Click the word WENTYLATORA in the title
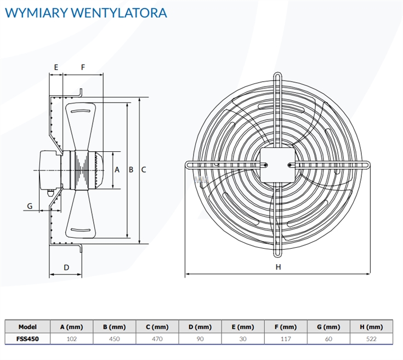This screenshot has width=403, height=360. coord(119,13)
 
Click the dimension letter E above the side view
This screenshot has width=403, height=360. coord(56,67)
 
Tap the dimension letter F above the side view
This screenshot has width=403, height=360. coord(83,67)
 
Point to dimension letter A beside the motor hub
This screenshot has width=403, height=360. coord(117,170)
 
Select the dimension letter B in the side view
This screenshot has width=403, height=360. coord(131,170)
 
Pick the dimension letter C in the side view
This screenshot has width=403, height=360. coord(144,170)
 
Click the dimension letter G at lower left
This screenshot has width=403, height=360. coord(30,206)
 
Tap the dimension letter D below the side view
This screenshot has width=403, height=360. coord(66,267)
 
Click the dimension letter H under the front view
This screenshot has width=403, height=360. coord(278,267)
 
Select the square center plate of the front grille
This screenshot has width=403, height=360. coord(277,165)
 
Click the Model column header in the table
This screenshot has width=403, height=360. coord(27,327)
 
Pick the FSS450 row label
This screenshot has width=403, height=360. coord(27,339)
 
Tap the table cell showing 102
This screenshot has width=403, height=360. coord(72,339)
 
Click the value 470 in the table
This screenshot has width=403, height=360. coord(157,339)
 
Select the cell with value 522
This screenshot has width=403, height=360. coord(371,339)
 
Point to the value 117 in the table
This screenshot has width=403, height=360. coord(286,339)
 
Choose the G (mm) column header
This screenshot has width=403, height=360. coord(328,327)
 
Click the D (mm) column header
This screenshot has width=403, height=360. coord(200,327)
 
